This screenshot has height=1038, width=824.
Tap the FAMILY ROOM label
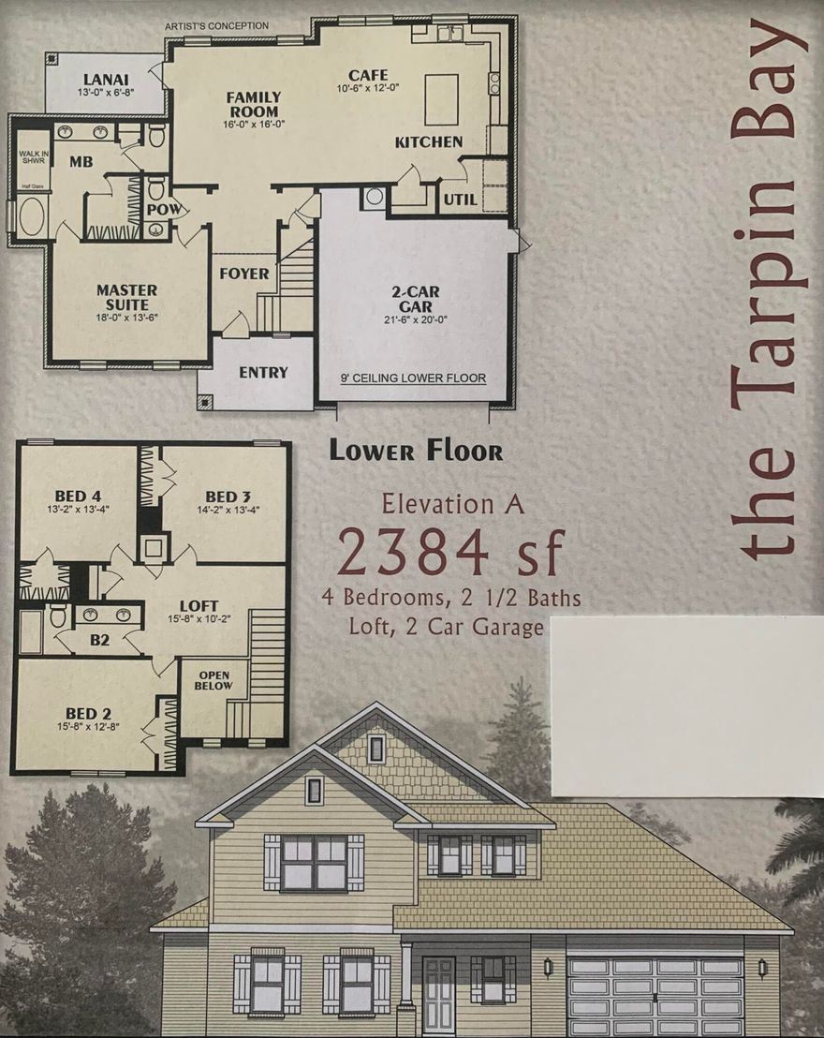pos(253,104)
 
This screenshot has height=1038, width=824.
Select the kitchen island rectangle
pos(441,100)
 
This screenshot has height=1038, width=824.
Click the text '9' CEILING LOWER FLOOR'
pos(413,378)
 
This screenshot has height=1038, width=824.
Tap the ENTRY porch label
pos(263,372)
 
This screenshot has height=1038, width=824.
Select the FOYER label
pos(244,274)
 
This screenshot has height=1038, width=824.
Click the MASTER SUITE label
pos(126,296)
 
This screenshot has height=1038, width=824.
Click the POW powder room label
pos(161,209)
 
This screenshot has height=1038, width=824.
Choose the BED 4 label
pos(77,497)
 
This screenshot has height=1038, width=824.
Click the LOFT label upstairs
pos(199,606)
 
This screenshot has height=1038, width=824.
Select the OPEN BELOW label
pos(213,679)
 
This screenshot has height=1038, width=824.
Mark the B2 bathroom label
pos(101,642)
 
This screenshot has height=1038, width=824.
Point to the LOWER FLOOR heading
pos(415,451)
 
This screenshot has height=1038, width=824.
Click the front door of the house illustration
pos(438,995)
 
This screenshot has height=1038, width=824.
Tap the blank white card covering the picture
pos(686,705)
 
